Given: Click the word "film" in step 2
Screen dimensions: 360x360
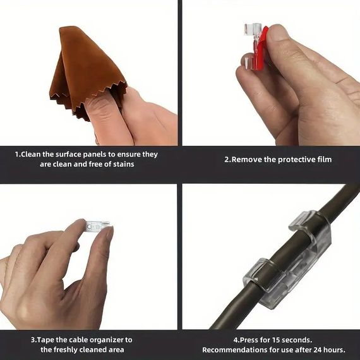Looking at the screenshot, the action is point(325,159).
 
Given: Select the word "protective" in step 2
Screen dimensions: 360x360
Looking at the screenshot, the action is point(297,160).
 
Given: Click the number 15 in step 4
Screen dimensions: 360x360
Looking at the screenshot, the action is point(276,340).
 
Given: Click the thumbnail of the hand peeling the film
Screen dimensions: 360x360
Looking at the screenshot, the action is point(271,73).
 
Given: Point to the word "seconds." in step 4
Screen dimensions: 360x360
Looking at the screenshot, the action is point(297,340).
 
